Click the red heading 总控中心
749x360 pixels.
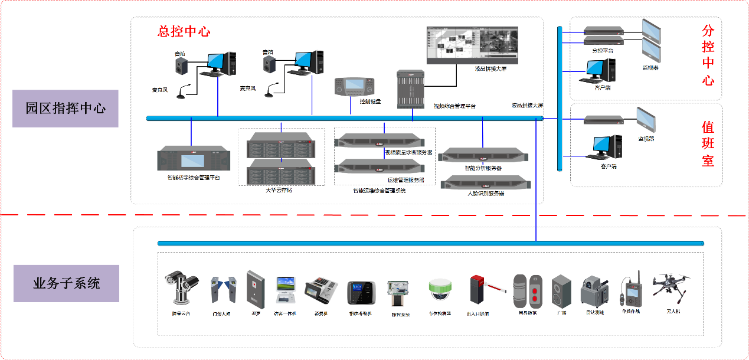(184, 31)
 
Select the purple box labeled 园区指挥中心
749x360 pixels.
(66, 109)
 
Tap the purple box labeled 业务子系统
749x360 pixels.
(66, 284)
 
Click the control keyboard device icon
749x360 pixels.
(354, 88)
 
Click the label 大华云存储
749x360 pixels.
(279, 191)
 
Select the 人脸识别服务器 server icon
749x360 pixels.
(486, 181)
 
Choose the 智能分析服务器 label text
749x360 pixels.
(483, 168)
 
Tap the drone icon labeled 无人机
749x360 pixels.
(672, 286)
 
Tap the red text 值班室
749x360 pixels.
(708, 144)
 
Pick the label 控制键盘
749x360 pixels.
(370, 102)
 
